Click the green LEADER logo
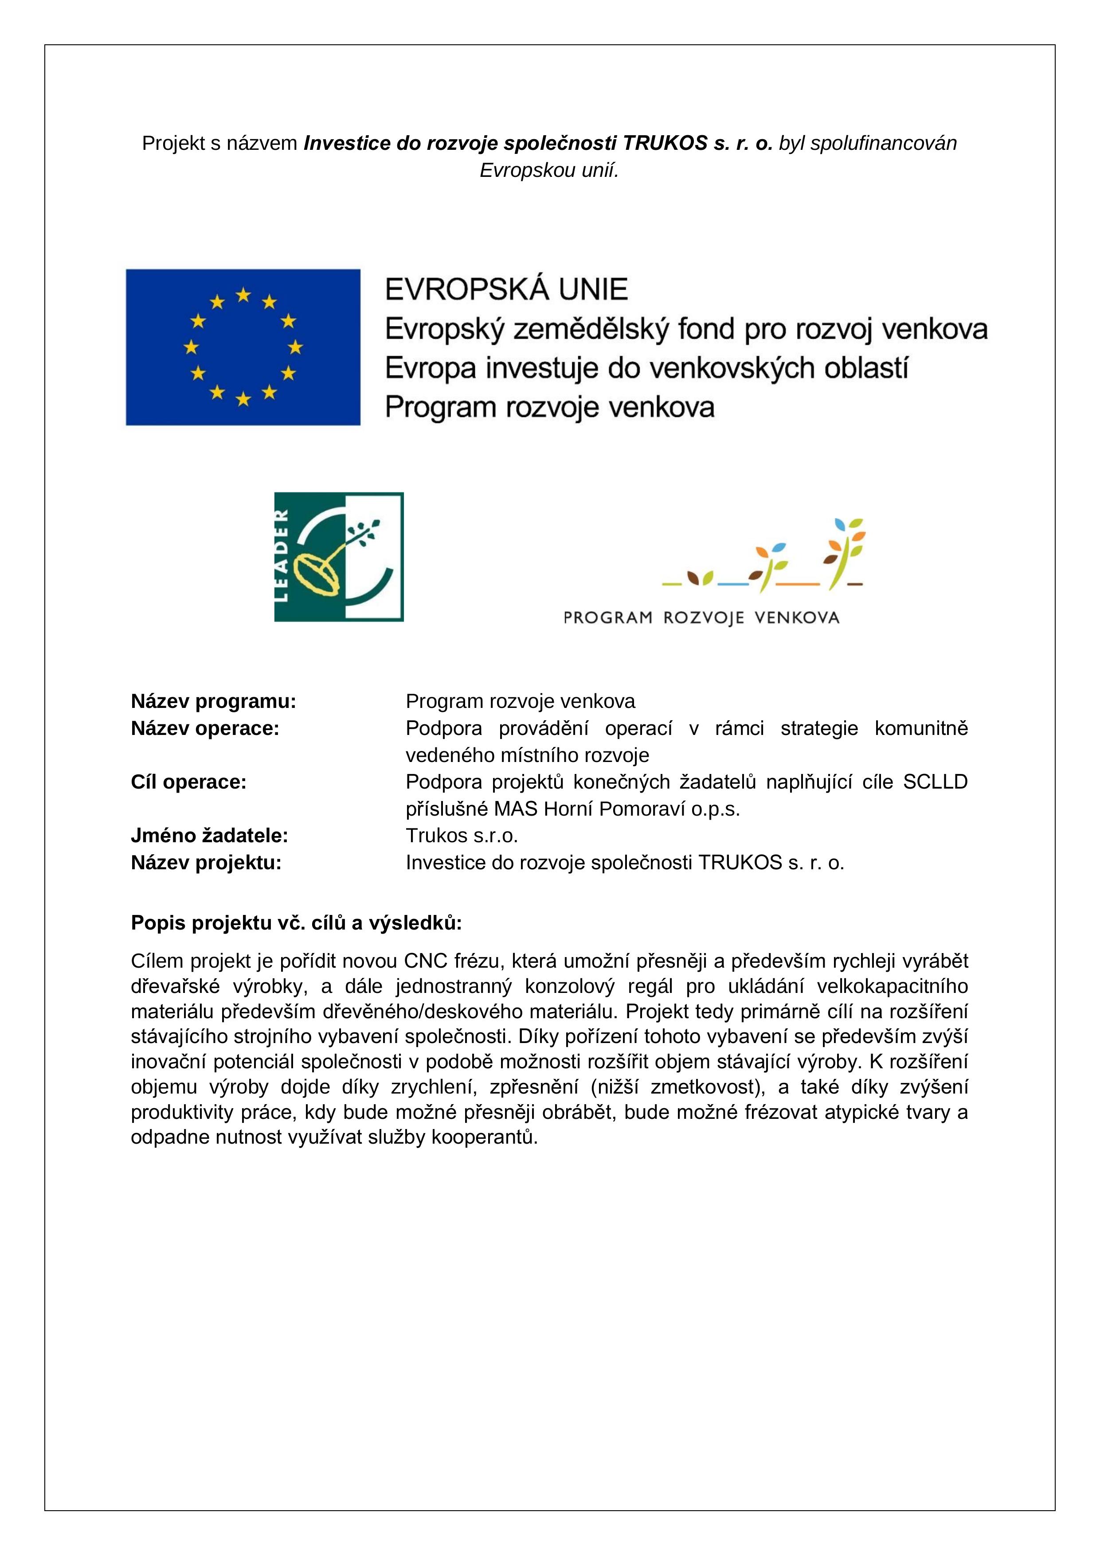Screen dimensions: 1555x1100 [x=339, y=557]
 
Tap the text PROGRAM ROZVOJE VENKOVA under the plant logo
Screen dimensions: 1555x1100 [x=701, y=617]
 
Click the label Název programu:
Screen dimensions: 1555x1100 [x=213, y=702]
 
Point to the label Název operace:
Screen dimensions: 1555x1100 [x=204, y=729]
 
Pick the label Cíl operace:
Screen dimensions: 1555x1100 [x=188, y=782]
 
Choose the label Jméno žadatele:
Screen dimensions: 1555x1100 [x=209, y=836]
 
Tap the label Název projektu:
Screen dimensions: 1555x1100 [x=206, y=863]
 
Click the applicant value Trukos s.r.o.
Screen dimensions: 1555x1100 [x=461, y=836]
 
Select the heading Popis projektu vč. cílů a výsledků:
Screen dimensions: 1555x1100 [x=297, y=922]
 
